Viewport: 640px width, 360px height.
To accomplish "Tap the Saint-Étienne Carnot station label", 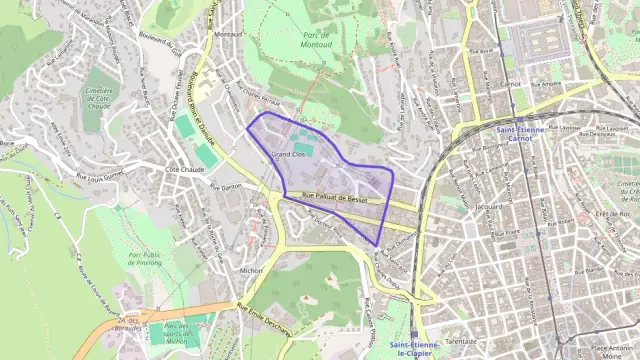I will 524,135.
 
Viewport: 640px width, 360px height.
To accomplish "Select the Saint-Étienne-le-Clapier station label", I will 412,349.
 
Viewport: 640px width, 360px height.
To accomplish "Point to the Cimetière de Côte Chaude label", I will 99,95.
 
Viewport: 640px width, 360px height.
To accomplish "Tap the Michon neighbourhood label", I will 250,270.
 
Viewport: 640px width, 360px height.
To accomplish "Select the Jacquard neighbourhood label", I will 490,207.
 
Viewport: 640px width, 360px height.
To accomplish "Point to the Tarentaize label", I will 460,340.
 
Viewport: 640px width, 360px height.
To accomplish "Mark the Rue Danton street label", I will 225,186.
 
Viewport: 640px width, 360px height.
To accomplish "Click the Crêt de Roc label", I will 604,213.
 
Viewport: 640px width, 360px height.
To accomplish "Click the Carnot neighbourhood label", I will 511,86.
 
